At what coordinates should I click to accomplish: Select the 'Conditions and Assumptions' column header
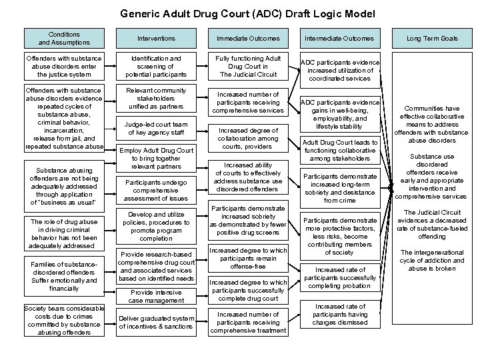pyautogui.click(x=64, y=39)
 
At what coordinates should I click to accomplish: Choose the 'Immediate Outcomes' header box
pyautogui.click(x=247, y=39)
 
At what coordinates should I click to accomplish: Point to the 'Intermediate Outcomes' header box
pyautogui.click(x=341, y=39)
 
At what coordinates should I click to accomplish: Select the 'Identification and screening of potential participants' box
pyautogui.click(x=156, y=67)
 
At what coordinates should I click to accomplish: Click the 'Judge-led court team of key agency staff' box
pyautogui.click(x=156, y=129)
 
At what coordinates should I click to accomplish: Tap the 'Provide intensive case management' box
pyautogui.click(x=156, y=297)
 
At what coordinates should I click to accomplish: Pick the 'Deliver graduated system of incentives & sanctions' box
pyautogui.click(x=156, y=323)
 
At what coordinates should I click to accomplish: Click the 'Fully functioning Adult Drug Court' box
pyautogui.click(x=247, y=67)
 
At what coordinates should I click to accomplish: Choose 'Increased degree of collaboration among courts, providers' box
pyautogui.click(x=247, y=138)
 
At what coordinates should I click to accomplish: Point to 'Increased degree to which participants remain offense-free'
pyautogui.click(x=247, y=259)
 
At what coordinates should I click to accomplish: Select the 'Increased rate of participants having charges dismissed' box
pyautogui.click(x=341, y=315)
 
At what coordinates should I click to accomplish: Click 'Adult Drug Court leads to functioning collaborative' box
pyautogui.click(x=341, y=151)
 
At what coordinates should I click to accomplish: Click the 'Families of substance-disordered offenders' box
pyautogui.click(x=64, y=276)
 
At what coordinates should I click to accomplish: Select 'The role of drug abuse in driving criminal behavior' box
pyautogui.click(x=64, y=234)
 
